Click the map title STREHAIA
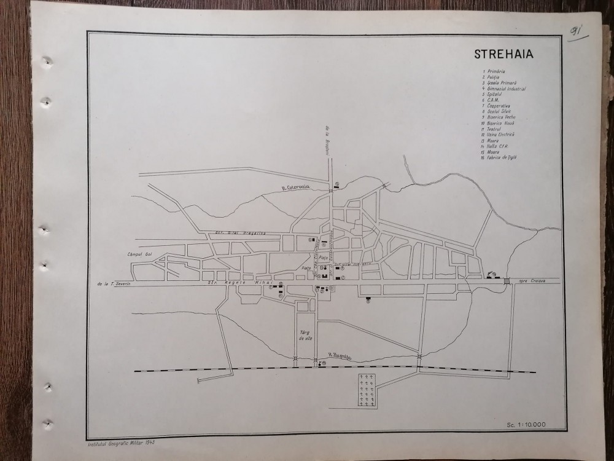pos(503,53)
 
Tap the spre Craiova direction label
pos(532,281)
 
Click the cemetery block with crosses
pos(367,390)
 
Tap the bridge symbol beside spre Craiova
pos(507,281)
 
